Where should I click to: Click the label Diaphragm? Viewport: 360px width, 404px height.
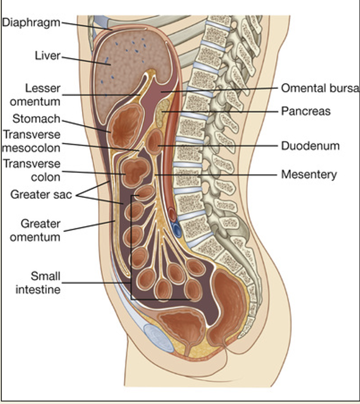(31, 22)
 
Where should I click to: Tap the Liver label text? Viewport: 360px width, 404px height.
(47, 56)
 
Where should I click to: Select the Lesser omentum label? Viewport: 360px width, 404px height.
(35, 94)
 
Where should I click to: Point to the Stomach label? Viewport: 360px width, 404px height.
(36, 119)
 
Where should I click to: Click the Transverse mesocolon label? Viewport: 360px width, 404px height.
(32, 141)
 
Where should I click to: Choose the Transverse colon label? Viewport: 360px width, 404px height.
(32, 171)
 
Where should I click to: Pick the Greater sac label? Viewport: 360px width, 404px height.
(41, 194)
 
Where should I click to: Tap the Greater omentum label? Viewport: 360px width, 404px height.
(40, 230)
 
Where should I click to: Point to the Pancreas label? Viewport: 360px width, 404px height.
(306, 111)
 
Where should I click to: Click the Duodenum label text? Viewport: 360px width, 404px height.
(310, 146)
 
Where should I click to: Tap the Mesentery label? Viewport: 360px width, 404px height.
(309, 175)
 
